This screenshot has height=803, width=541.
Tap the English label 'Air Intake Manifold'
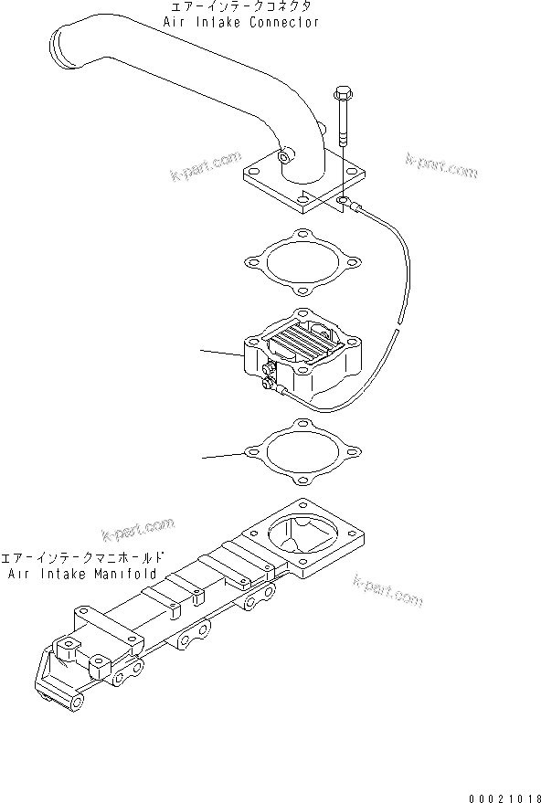[x=82, y=574]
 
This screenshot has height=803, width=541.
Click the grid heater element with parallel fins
[x=298, y=348]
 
